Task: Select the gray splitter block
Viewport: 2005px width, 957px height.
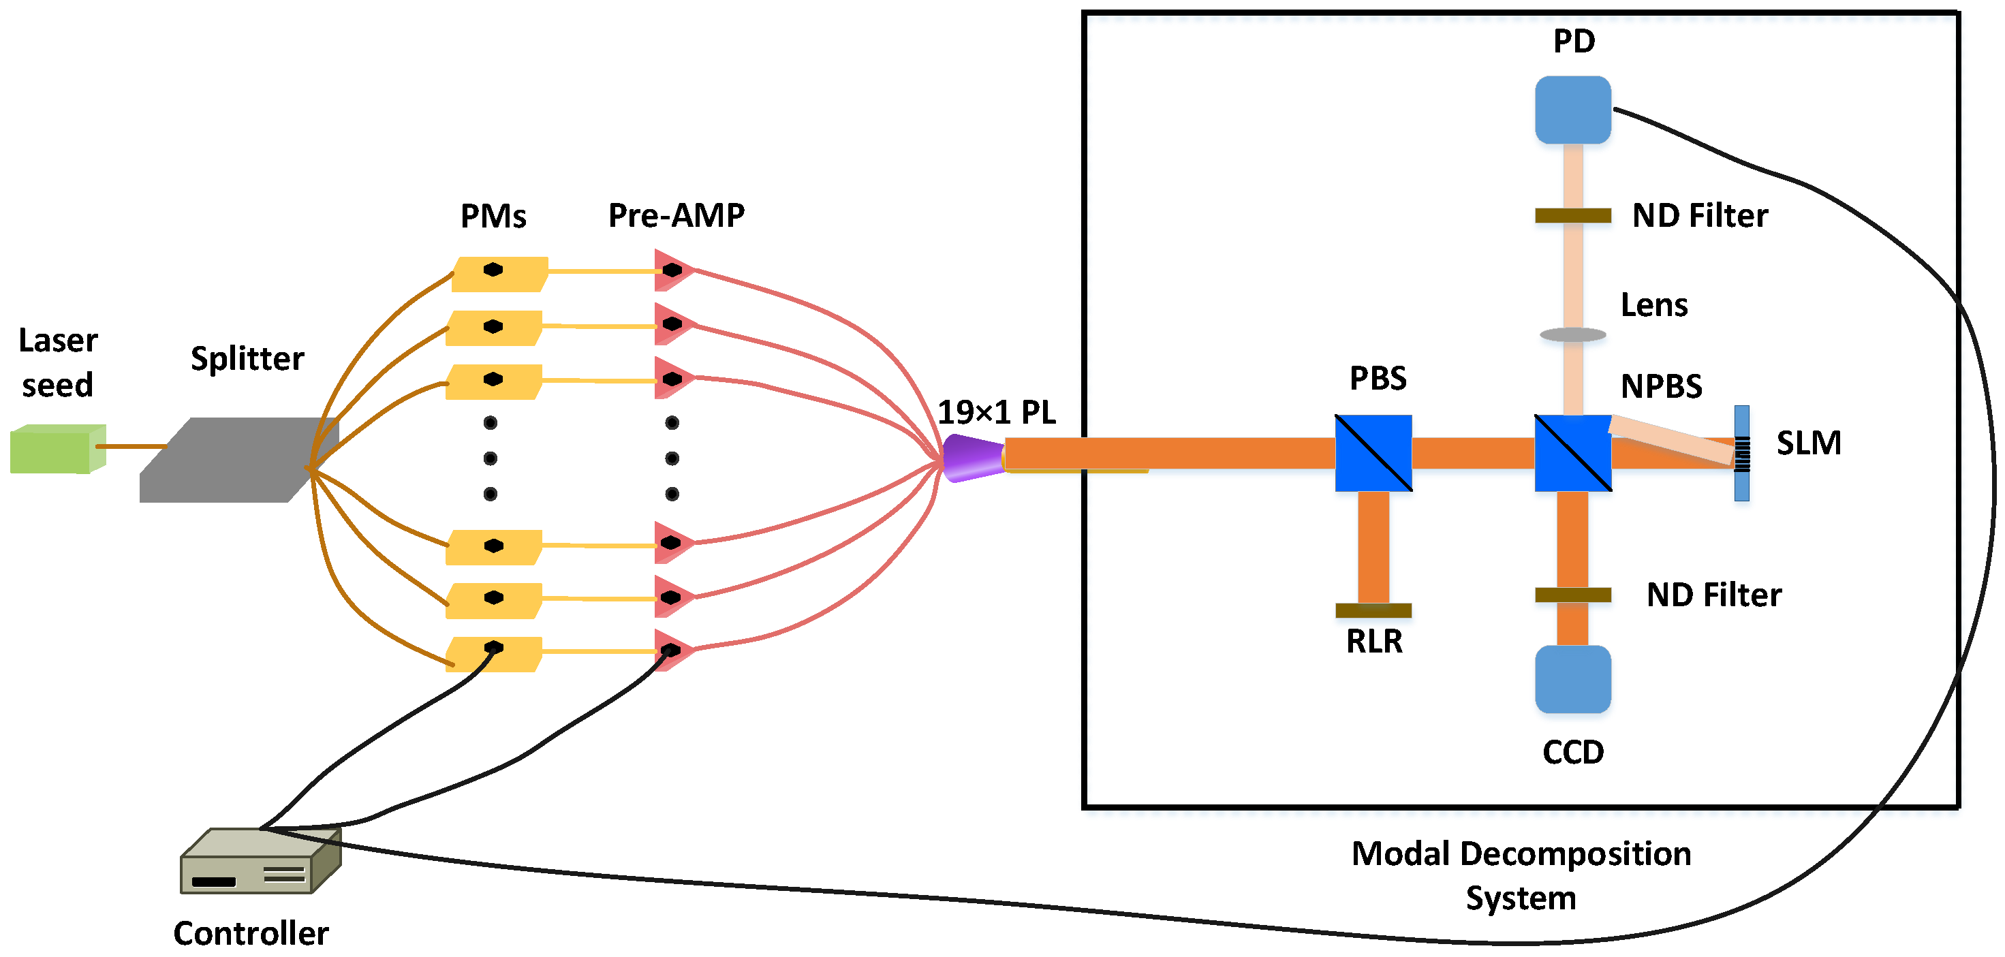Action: click(234, 460)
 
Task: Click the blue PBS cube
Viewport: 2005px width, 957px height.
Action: click(1373, 453)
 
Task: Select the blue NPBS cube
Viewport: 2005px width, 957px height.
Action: click(1572, 453)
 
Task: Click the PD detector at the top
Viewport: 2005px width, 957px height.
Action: click(1572, 110)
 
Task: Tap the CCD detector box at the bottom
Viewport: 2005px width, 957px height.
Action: click(1572, 678)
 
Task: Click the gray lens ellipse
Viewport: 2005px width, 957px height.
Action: click(1572, 334)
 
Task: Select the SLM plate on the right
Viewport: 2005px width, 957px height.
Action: click(1741, 453)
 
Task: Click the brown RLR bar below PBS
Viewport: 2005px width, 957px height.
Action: click(1373, 610)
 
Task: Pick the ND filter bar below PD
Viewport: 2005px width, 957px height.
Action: click(1572, 215)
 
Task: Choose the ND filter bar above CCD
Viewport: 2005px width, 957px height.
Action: click(1572, 595)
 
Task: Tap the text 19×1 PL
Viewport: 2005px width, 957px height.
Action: click(995, 412)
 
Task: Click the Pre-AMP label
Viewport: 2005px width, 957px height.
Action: click(676, 215)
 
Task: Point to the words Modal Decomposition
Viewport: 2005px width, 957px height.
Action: click(1520, 853)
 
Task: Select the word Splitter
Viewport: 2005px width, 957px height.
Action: click(247, 359)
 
